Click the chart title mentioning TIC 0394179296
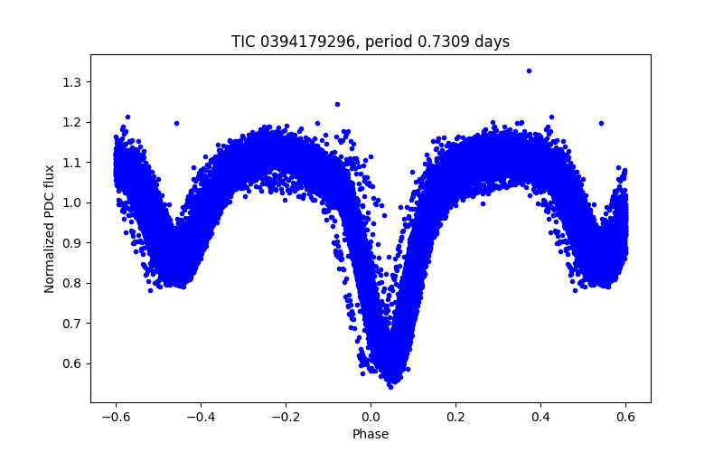click(x=371, y=42)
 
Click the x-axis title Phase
click(x=371, y=434)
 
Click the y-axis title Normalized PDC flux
click(x=50, y=228)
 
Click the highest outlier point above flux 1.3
click(x=529, y=71)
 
